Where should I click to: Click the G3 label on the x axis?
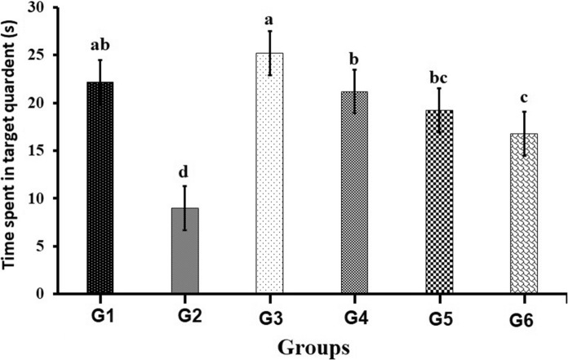[x=269, y=314]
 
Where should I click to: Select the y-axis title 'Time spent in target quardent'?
[x=12, y=151]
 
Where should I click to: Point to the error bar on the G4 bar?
[x=354, y=91]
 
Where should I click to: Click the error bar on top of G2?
[x=184, y=207]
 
